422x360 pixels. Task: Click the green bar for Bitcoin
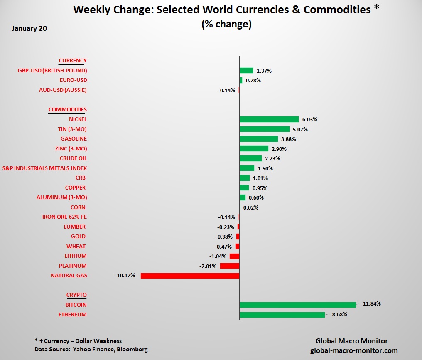[x=297, y=305]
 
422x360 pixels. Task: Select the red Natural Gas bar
[x=190, y=276]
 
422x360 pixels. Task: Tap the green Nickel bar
[x=269, y=119]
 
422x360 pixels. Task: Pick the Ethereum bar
[x=282, y=315]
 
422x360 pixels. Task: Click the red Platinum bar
[x=230, y=266]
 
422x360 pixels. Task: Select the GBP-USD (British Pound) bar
[x=246, y=71]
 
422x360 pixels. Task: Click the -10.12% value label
[x=125, y=276]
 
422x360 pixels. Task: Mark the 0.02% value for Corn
[x=250, y=207]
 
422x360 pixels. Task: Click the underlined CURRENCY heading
[x=73, y=61]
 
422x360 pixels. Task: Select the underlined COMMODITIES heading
[x=68, y=110]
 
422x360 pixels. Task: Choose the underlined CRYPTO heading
[x=76, y=295]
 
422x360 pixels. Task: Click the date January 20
[x=29, y=29]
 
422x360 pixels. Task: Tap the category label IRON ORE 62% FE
[x=64, y=217]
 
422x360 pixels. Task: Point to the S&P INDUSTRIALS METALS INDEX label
[x=44, y=168]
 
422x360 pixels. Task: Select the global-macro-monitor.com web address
[x=354, y=350]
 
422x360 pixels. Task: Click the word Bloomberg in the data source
[x=132, y=350]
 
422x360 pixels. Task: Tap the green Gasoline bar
[x=259, y=139]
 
